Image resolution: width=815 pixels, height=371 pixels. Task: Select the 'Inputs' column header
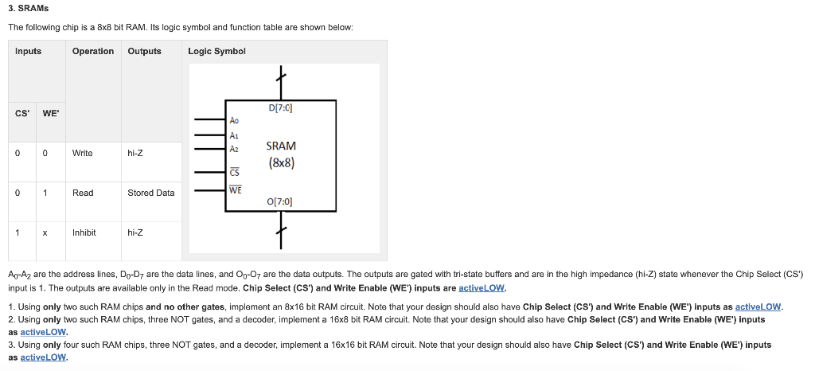(28, 51)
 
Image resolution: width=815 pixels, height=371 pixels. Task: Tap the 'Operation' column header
(92, 51)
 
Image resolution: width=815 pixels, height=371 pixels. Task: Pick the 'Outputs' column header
(144, 51)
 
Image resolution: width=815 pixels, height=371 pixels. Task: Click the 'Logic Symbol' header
(216, 51)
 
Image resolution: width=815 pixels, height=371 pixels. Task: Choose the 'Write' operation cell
(82, 153)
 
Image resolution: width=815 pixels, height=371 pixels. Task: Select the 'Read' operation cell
(83, 193)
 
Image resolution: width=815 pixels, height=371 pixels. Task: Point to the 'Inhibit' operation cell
(84, 232)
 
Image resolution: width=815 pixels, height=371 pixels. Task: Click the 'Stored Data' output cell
(150, 193)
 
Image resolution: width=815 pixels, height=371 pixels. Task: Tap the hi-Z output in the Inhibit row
(135, 232)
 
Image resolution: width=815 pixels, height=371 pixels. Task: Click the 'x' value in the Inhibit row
(45, 232)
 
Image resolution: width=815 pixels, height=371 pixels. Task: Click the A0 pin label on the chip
(233, 121)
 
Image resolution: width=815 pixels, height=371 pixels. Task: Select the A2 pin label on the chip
(233, 148)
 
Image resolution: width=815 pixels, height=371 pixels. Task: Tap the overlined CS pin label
(234, 170)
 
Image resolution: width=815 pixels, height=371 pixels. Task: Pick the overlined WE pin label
(235, 189)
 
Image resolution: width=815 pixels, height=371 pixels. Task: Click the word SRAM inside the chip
(281, 146)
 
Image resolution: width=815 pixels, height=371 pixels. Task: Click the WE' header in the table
(49, 113)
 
